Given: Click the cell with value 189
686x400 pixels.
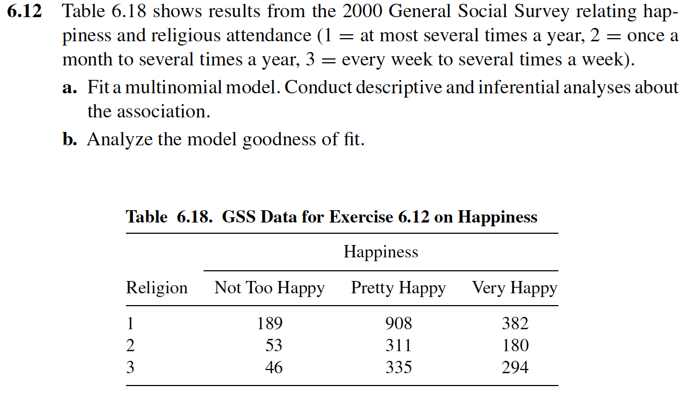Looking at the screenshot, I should click(x=270, y=323).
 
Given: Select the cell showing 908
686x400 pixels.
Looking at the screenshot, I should click(x=399, y=323).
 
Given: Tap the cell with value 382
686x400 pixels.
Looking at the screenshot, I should click(x=515, y=323).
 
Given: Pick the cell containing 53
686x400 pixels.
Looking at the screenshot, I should click(x=274, y=345).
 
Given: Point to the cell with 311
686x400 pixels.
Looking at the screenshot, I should click(x=399, y=345).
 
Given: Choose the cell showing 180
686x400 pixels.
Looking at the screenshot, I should click(x=515, y=345).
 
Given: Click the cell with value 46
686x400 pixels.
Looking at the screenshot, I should click(x=274, y=367).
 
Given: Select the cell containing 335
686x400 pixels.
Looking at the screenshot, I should click(x=399, y=367).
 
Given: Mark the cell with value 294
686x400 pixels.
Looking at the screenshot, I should click(x=515, y=367).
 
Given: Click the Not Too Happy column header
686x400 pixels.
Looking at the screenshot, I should click(x=270, y=288).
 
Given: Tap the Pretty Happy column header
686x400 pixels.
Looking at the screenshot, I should click(x=398, y=288).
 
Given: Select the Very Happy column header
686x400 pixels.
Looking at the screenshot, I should click(x=514, y=288).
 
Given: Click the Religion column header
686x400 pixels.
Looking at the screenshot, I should click(x=156, y=288).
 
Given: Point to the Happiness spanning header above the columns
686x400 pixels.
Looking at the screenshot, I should click(x=381, y=252).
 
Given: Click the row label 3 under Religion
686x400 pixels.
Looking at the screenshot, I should click(x=130, y=367).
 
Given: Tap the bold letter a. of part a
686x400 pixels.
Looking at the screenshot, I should click(x=69, y=87).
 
